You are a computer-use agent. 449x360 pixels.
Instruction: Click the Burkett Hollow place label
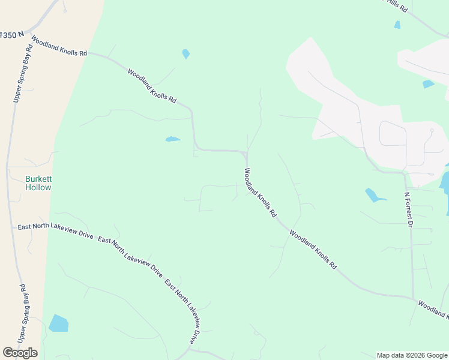(38, 183)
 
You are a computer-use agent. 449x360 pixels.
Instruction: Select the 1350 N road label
(13, 35)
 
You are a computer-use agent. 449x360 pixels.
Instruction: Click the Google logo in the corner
(20, 352)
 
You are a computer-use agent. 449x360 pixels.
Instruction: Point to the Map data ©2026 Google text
(411, 355)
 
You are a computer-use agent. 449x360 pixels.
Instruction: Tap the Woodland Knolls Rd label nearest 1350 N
(59, 46)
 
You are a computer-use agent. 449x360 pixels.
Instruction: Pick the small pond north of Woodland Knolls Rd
(186, 54)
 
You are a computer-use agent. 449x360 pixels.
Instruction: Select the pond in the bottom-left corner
(59, 323)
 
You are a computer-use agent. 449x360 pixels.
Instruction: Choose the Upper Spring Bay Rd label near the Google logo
(23, 313)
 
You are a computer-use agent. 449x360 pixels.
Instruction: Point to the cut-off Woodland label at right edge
(433, 310)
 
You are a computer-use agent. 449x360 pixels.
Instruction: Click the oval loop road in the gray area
(393, 142)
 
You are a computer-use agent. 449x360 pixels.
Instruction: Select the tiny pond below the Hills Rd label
(397, 25)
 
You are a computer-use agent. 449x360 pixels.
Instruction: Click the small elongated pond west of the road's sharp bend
(172, 139)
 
